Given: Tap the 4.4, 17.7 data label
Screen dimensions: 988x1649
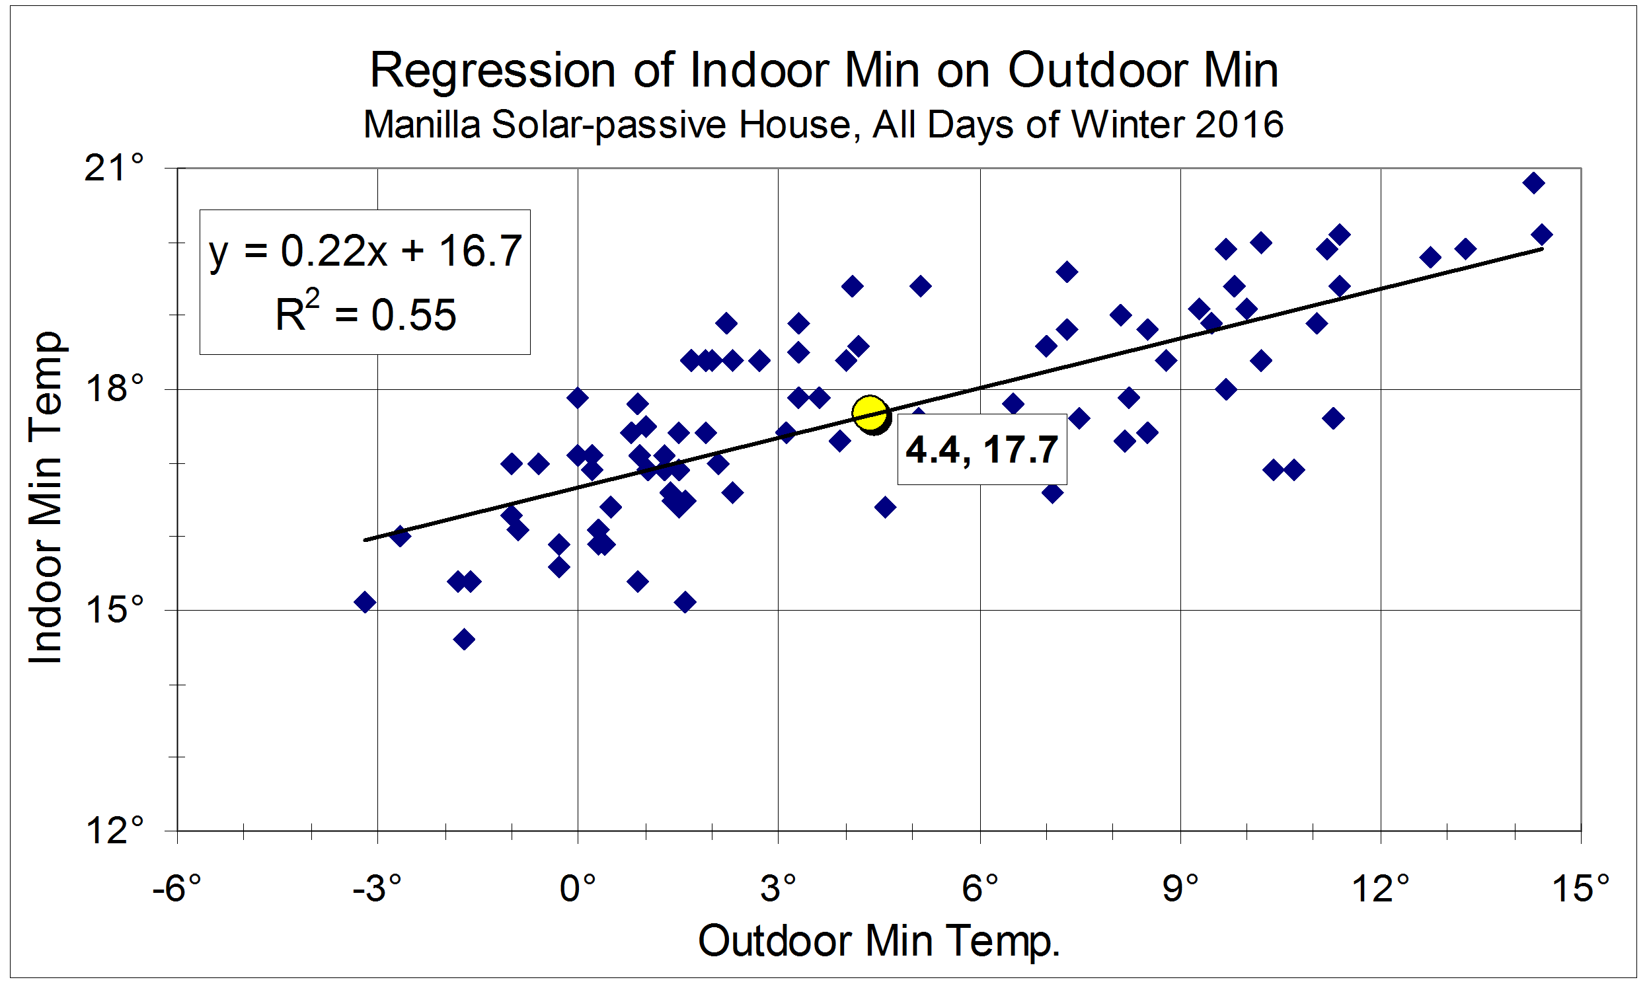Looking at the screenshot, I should click(x=981, y=449).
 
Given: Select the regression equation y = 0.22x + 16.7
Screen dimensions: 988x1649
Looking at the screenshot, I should click(x=365, y=251).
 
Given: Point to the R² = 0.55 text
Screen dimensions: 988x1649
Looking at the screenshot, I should click(x=365, y=314).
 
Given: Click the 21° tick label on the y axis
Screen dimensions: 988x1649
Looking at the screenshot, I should click(x=114, y=168).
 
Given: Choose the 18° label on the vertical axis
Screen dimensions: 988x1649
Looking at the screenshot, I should click(x=114, y=388).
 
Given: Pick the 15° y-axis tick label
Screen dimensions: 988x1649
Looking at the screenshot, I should click(x=114, y=609).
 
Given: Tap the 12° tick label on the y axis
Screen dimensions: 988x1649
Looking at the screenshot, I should click(x=114, y=830).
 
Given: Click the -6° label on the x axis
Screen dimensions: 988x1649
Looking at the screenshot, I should click(x=176, y=888).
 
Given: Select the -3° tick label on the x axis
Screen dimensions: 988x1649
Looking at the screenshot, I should click(x=377, y=888).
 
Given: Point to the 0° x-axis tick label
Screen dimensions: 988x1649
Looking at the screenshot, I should click(x=578, y=888).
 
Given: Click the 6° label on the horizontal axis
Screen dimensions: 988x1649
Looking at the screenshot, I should click(x=980, y=888).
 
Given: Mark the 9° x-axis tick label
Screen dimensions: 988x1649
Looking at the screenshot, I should click(x=1180, y=888).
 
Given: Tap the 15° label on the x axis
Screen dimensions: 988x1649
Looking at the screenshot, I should click(x=1580, y=888).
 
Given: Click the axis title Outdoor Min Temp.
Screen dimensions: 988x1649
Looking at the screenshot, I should click(x=878, y=941).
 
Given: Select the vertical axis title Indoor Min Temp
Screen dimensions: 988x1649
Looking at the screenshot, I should click(x=45, y=498).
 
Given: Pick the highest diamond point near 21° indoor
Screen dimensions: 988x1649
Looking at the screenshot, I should click(x=1533, y=183).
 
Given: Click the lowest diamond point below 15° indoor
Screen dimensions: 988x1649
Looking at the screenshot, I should click(x=464, y=639).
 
